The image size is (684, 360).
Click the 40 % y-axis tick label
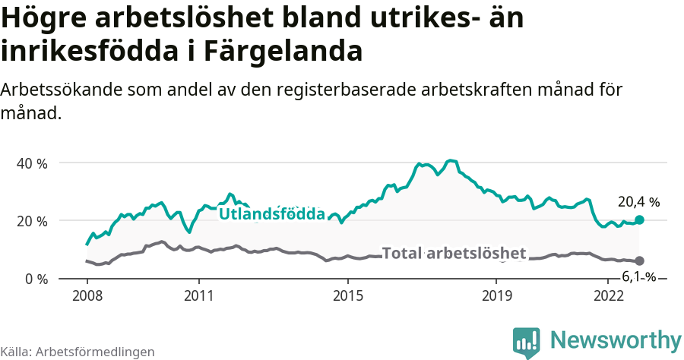coord(33,163)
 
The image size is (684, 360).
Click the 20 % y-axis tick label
coord(33,221)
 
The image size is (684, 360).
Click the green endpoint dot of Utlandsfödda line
coord(639,219)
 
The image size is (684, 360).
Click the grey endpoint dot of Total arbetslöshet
coord(639,261)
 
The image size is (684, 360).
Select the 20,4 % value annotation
coord(638,202)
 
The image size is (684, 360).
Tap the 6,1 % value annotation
coord(639,277)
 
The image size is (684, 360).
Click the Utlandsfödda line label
coord(272,215)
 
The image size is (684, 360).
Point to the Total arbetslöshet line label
coord(454,254)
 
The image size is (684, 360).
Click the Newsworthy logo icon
coord(527,343)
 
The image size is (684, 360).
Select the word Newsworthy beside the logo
coord(616,340)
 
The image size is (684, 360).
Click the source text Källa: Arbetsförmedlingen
coord(78,352)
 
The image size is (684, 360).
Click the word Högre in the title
coord(51,17)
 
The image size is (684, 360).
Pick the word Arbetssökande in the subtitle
coord(57,90)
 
